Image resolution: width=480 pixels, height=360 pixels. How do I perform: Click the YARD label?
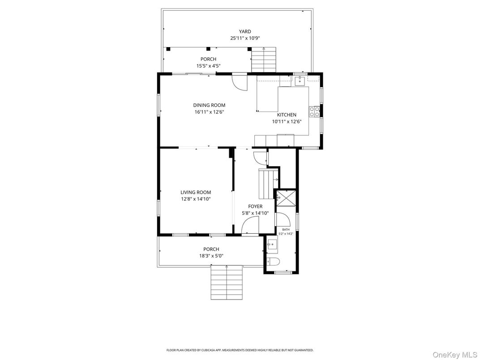pyautogui.click(x=244, y=31)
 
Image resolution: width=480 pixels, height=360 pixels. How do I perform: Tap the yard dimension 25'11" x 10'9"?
pyautogui.click(x=244, y=39)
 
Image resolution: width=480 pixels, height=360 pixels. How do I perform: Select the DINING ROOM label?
pyautogui.click(x=210, y=105)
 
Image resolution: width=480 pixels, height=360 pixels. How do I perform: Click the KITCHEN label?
pyautogui.click(x=287, y=115)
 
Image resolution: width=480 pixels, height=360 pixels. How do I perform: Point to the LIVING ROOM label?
pyautogui.click(x=196, y=192)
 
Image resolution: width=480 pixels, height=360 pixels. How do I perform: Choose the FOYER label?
pyautogui.click(x=255, y=206)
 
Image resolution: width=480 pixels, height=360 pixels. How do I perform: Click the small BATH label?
pyautogui.click(x=286, y=229)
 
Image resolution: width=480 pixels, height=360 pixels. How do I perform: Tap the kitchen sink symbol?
pyautogui.click(x=300, y=80)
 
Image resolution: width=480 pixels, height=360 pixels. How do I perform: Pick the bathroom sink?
pyautogui.click(x=272, y=244)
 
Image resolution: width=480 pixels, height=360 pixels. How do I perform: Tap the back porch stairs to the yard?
pyautogui.click(x=264, y=60)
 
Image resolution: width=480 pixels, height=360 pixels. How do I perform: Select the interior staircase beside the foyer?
pyautogui.click(x=268, y=184)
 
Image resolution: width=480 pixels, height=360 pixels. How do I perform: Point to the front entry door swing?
pyautogui.click(x=251, y=226)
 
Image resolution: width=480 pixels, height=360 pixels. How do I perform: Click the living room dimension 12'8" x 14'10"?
pyautogui.click(x=196, y=199)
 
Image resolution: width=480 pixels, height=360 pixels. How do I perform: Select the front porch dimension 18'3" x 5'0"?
pyautogui.click(x=211, y=256)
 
